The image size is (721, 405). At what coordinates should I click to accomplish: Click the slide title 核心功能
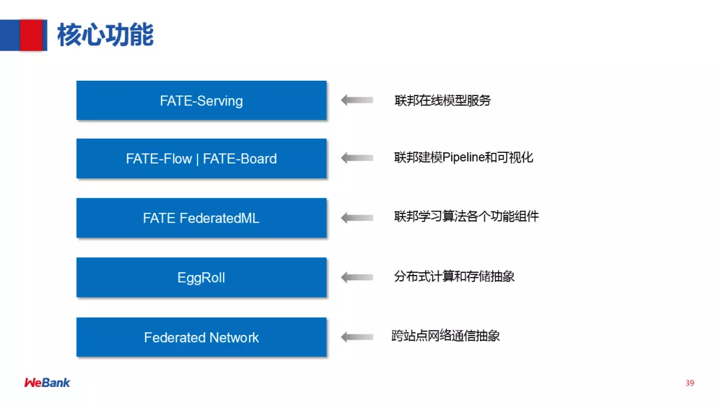click(105, 35)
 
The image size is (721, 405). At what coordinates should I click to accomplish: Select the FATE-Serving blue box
click(201, 101)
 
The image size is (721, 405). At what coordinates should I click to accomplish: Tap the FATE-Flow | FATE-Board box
click(201, 159)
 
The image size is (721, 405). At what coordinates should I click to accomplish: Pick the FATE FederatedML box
click(201, 218)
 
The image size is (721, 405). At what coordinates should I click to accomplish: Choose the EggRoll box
click(201, 278)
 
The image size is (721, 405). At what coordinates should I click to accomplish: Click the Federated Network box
click(201, 338)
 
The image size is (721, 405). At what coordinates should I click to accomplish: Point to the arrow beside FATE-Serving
click(357, 100)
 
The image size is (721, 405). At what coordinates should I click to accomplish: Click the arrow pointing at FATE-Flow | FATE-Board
click(357, 158)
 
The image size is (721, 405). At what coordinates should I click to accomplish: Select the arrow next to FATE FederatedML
click(357, 218)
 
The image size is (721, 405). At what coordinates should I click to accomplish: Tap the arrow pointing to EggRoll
click(357, 277)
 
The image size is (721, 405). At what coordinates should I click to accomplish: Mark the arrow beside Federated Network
click(357, 337)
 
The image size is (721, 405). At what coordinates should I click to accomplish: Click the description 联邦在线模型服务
click(443, 101)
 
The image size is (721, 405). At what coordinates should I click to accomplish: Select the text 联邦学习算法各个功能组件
click(466, 217)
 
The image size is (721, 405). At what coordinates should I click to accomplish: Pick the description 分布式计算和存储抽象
click(454, 276)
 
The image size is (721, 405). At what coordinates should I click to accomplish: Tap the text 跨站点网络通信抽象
click(446, 336)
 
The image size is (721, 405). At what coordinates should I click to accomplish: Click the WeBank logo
click(47, 382)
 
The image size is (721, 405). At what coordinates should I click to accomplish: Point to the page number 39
click(690, 383)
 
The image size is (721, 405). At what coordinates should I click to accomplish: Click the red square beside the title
click(31, 35)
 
